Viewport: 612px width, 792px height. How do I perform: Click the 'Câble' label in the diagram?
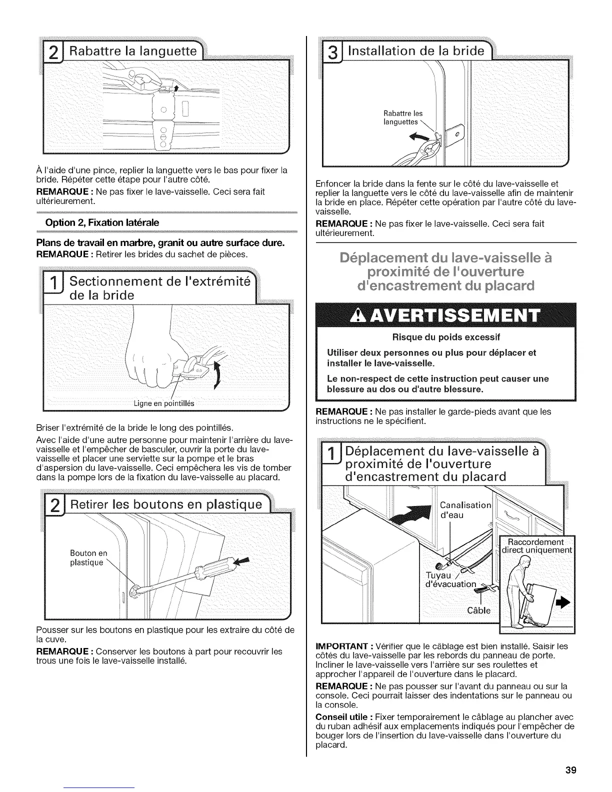tap(479, 610)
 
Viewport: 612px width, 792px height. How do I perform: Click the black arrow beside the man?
tap(563, 604)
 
